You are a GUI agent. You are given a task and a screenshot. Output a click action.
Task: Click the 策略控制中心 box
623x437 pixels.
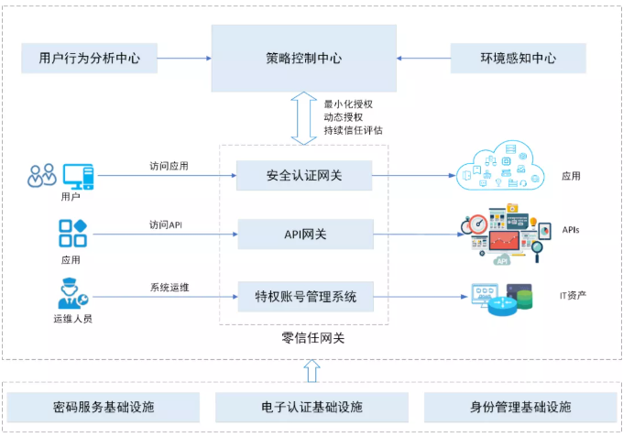coord(304,58)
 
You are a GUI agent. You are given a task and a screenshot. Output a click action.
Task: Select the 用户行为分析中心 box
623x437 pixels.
coord(90,58)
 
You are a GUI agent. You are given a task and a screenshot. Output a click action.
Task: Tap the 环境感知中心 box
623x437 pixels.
coord(518,58)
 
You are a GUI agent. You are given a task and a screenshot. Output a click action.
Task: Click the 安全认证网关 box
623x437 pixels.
coord(305,174)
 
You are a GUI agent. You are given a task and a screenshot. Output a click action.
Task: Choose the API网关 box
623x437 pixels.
coord(305,235)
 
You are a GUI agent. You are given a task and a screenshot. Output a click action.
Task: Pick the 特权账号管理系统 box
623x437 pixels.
coord(305,296)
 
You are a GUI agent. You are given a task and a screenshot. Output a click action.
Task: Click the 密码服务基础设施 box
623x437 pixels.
coord(103,407)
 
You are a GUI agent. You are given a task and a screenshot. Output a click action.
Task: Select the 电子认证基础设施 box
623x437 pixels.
coord(311,407)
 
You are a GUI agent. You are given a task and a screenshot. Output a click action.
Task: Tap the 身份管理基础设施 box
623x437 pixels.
coord(519,407)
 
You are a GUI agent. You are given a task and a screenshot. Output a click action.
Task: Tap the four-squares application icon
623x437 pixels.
coord(71,234)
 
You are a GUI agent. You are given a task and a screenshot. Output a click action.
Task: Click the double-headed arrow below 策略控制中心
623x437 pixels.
coord(304,117)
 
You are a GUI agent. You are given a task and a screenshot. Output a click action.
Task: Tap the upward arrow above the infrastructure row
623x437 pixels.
coord(311,370)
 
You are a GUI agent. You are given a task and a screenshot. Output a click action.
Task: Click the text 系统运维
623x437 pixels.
coord(169,287)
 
